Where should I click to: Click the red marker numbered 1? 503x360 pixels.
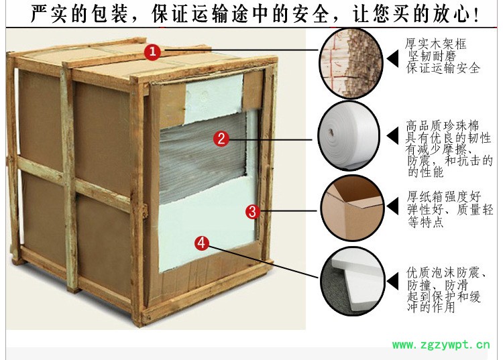tap(152, 52)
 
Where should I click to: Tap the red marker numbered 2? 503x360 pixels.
tap(221, 139)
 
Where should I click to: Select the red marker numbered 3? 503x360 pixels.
tap(253, 212)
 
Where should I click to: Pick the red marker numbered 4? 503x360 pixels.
tap(201, 243)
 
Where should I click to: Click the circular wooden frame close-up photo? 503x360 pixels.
tap(351, 63)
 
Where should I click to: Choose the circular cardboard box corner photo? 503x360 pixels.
tap(353, 208)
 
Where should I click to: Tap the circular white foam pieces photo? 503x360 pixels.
tap(353, 281)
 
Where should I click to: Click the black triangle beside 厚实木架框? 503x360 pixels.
tap(392, 58)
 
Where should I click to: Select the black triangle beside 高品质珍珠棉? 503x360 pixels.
tap(392, 135)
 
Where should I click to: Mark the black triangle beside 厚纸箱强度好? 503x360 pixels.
tap(392, 206)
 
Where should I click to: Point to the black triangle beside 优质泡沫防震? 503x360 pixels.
tap(392, 281)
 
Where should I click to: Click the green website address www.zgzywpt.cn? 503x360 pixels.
tap(441, 345)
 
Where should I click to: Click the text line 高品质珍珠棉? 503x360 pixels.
tap(443, 125)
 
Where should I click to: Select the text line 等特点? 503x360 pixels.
tap(426, 222)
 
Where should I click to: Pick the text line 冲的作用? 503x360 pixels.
tap(431, 307)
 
